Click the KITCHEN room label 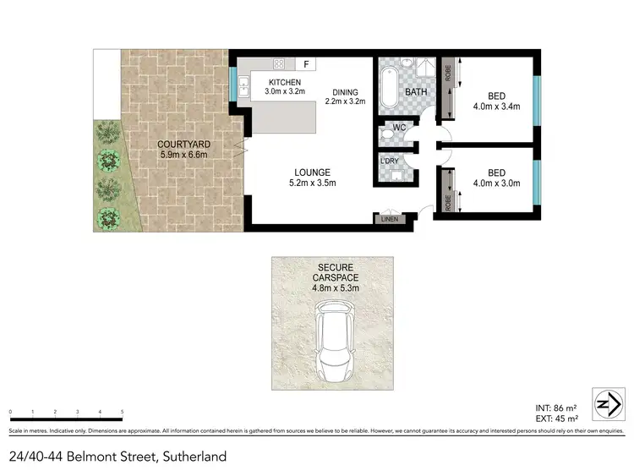[x=284, y=81]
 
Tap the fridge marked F [x=305, y=63]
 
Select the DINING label [x=345, y=93]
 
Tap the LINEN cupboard [x=390, y=218]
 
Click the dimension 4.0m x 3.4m [x=496, y=107]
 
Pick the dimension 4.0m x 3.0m [x=496, y=183]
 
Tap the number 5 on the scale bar [x=123, y=412]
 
